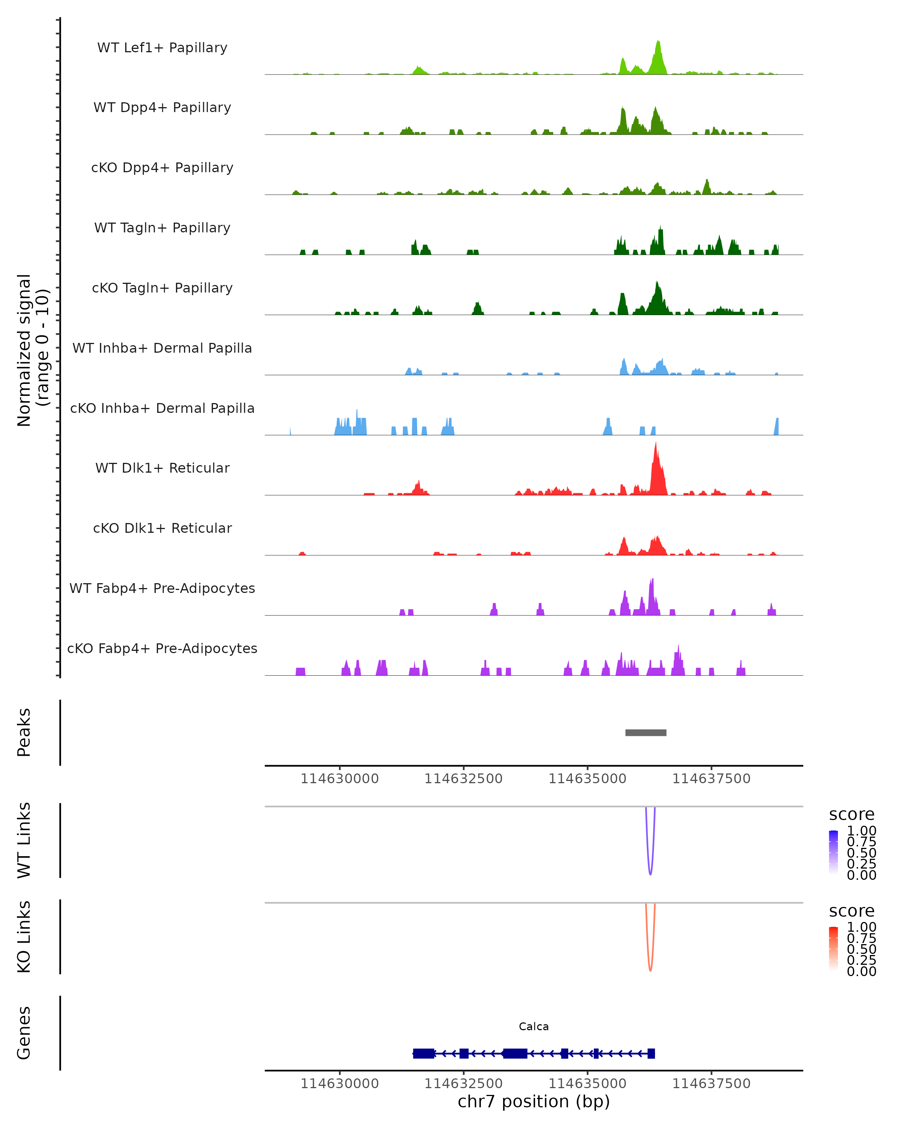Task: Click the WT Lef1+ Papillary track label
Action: pyautogui.click(x=162, y=48)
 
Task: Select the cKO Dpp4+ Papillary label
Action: pyautogui.click(x=162, y=167)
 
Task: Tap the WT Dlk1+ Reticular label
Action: pyautogui.click(x=162, y=468)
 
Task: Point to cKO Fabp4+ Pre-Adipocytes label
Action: pyautogui.click(x=162, y=648)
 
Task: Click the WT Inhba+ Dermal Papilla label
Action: pyautogui.click(x=162, y=348)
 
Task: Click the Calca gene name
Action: pyautogui.click(x=534, y=1026)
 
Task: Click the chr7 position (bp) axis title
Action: pyautogui.click(x=534, y=1101)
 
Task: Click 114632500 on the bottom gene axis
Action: pyautogui.click(x=463, y=1083)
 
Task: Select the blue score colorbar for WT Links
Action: pyautogui.click(x=833, y=852)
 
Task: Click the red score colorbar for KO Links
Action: pyautogui.click(x=833, y=948)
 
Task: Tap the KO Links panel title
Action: pyautogui.click(x=24, y=937)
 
